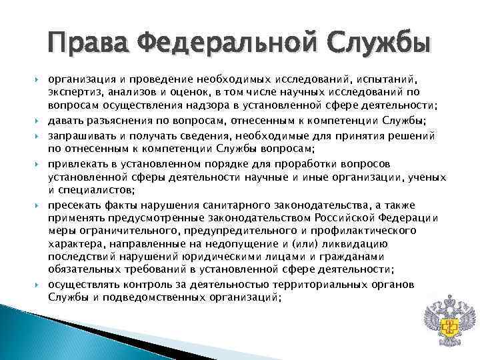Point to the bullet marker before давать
[39, 120]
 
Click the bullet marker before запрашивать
[39, 135]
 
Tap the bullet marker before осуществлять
[39, 284]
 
